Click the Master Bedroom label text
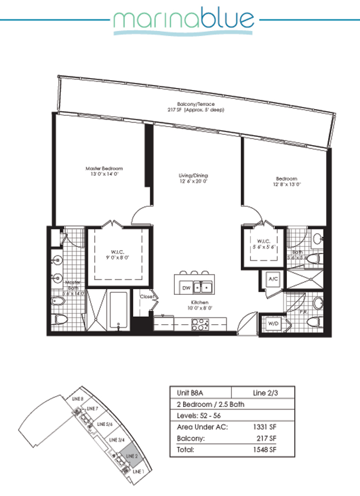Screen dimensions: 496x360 pyautogui.click(x=104, y=168)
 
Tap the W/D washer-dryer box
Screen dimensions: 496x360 pyautogui.click(x=271, y=324)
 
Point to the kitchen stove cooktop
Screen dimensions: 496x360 pyautogui.click(x=199, y=324)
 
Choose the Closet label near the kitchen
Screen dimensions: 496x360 pyautogui.click(x=147, y=297)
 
